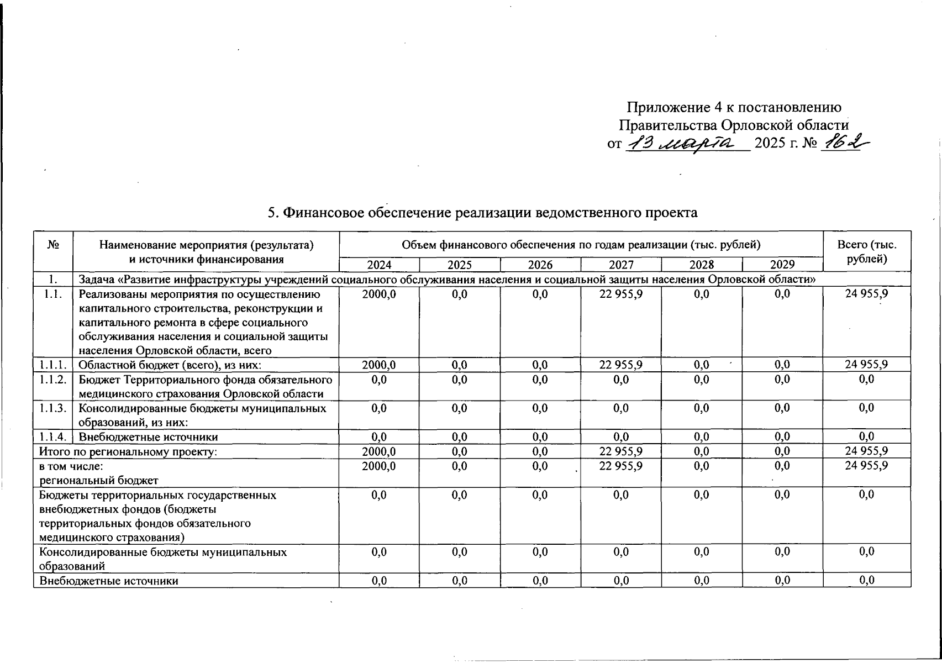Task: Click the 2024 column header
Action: pos(379,265)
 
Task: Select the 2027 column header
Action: pos(621,265)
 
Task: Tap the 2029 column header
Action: pos(782,265)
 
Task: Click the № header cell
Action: pos(53,245)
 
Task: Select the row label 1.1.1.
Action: pos(53,365)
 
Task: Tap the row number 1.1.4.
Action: pos(53,437)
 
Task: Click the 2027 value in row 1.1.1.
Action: pos(621,365)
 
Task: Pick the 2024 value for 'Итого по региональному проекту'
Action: pos(379,451)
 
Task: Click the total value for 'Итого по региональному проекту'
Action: pos(866,451)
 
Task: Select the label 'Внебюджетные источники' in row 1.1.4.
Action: pos(148,437)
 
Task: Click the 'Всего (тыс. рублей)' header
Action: pos(866,252)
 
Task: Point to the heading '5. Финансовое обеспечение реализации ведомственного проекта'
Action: pos(482,213)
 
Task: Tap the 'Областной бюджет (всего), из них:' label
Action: pos(170,365)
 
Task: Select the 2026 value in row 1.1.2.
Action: pos(540,380)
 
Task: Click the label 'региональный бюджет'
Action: pos(98,480)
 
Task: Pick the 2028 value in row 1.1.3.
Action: pos(702,408)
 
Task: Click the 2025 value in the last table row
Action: pos(460,580)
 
